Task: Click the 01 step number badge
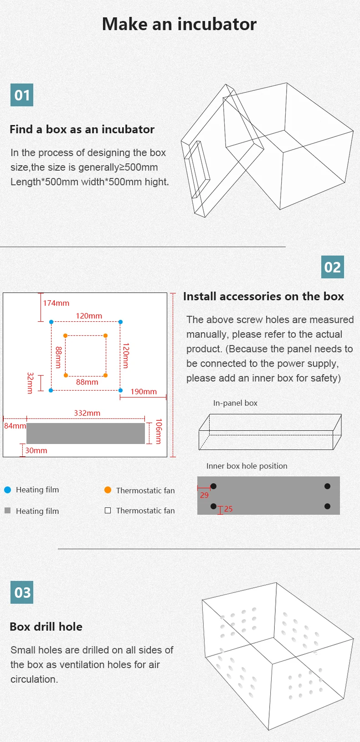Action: [22, 95]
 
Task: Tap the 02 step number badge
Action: [332, 267]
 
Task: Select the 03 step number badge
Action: [22, 592]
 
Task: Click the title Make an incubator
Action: [179, 24]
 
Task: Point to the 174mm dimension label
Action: [56, 303]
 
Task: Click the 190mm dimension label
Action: [144, 392]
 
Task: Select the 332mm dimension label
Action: [87, 413]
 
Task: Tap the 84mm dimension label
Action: [15, 426]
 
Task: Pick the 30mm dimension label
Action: [36, 450]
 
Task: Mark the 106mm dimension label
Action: [159, 431]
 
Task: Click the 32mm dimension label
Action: [30, 383]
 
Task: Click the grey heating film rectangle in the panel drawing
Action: [86, 433]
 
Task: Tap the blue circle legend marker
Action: [7, 490]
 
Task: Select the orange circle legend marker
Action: [108, 490]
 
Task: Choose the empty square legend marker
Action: [108, 510]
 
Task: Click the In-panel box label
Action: [235, 403]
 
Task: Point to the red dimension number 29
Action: [204, 495]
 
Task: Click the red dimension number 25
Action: [228, 509]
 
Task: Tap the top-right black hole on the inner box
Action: [327, 486]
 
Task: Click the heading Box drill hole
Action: [46, 627]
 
